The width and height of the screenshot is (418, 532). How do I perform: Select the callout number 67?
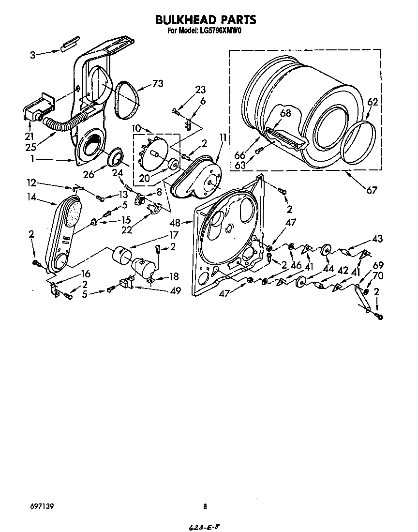click(371, 190)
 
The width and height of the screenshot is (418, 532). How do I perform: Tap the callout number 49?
click(175, 290)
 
